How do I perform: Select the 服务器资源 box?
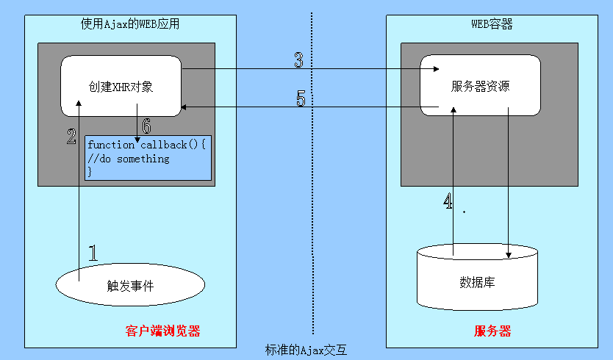tap(480, 85)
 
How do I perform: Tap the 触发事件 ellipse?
tap(130, 286)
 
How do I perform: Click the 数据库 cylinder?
tap(476, 281)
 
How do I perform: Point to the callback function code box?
tap(148, 158)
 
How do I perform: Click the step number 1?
tap(93, 253)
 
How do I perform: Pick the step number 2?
tap(71, 135)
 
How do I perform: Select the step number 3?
tap(298, 60)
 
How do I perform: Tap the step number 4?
tap(448, 202)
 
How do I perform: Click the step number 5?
tap(301, 98)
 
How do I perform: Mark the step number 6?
tap(146, 126)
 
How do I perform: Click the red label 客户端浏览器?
tap(162, 331)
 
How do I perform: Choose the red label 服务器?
tap(492, 331)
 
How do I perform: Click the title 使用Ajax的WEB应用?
tap(130, 24)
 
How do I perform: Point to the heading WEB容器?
tap(492, 24)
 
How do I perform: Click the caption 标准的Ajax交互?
tap(305, 350)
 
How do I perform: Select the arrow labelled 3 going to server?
tap(309, 70)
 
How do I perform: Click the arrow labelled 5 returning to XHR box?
tap(309, 107)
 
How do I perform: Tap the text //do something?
tap(128, 159)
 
